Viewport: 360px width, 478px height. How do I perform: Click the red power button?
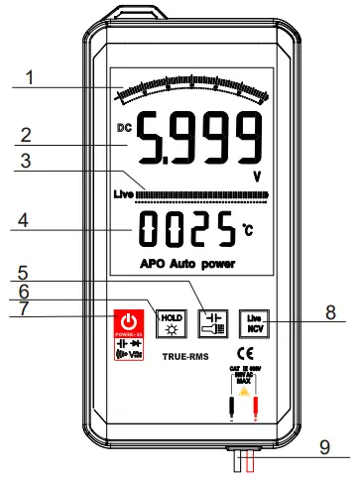pyautogui.click(x=126, y=322)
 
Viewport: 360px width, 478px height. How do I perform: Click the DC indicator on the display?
pyautogui.click(x=123, y=128)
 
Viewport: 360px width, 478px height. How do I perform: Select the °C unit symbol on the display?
pyautogui.click(x=249, y=231)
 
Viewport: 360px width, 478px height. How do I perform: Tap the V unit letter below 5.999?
pyautogui.click(x=257, y=174)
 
